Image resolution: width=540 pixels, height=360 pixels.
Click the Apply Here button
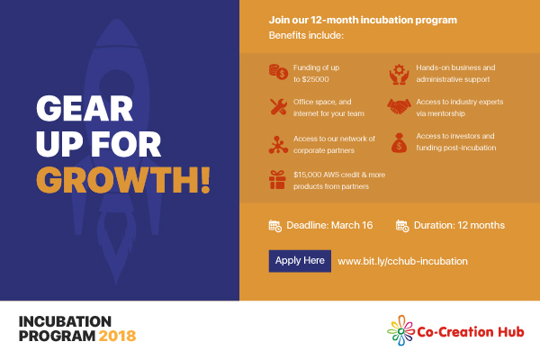coord(300,261)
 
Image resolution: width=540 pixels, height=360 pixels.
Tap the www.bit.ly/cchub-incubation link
coord(402,262)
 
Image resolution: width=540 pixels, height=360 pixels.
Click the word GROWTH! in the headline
coord(123,180)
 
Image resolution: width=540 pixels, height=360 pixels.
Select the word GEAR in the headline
coord(85,109)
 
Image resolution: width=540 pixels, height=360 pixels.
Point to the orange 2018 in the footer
coord(117,336)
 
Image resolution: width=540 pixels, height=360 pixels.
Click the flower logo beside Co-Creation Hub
coord(400,330)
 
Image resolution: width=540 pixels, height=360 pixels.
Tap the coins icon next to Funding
coord(278,72)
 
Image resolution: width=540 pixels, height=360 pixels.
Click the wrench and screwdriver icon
coord(278,107)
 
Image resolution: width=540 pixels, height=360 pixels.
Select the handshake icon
coord(399,106)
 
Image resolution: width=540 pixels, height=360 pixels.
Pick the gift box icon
coord(277,180)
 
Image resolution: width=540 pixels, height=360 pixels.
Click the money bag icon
coord(399,143)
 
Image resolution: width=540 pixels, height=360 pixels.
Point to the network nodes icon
coord(278,145)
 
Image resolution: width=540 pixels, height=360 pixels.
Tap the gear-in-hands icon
coord(399,74)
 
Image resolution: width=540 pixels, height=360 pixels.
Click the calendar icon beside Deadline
coord(275,226)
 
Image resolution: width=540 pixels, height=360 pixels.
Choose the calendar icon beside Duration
coord(402,226)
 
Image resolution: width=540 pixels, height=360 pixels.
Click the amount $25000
coord(316,79)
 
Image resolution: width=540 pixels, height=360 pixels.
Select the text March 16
coord(352,225)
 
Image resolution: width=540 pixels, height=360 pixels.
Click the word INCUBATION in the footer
coord(65,322)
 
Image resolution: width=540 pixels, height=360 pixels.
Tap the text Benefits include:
coord(306,35)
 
